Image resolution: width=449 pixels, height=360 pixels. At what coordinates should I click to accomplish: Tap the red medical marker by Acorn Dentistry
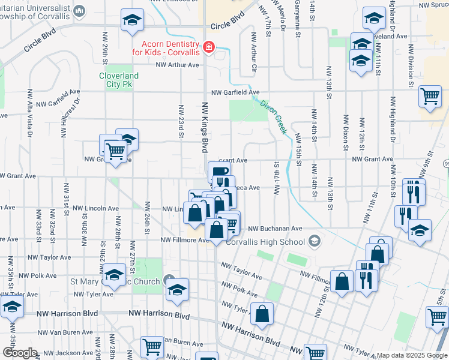click(x=209, y=47)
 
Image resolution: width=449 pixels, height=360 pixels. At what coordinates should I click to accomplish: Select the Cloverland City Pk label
click(x=118, y=80)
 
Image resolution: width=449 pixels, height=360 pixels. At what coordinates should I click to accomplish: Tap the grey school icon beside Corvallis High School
click(x=314, y=241)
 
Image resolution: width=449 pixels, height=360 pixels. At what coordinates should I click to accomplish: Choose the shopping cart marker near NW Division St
click(x=430, y=96)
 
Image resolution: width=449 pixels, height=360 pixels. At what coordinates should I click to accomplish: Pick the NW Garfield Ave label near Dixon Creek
click(x=235, y=93)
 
